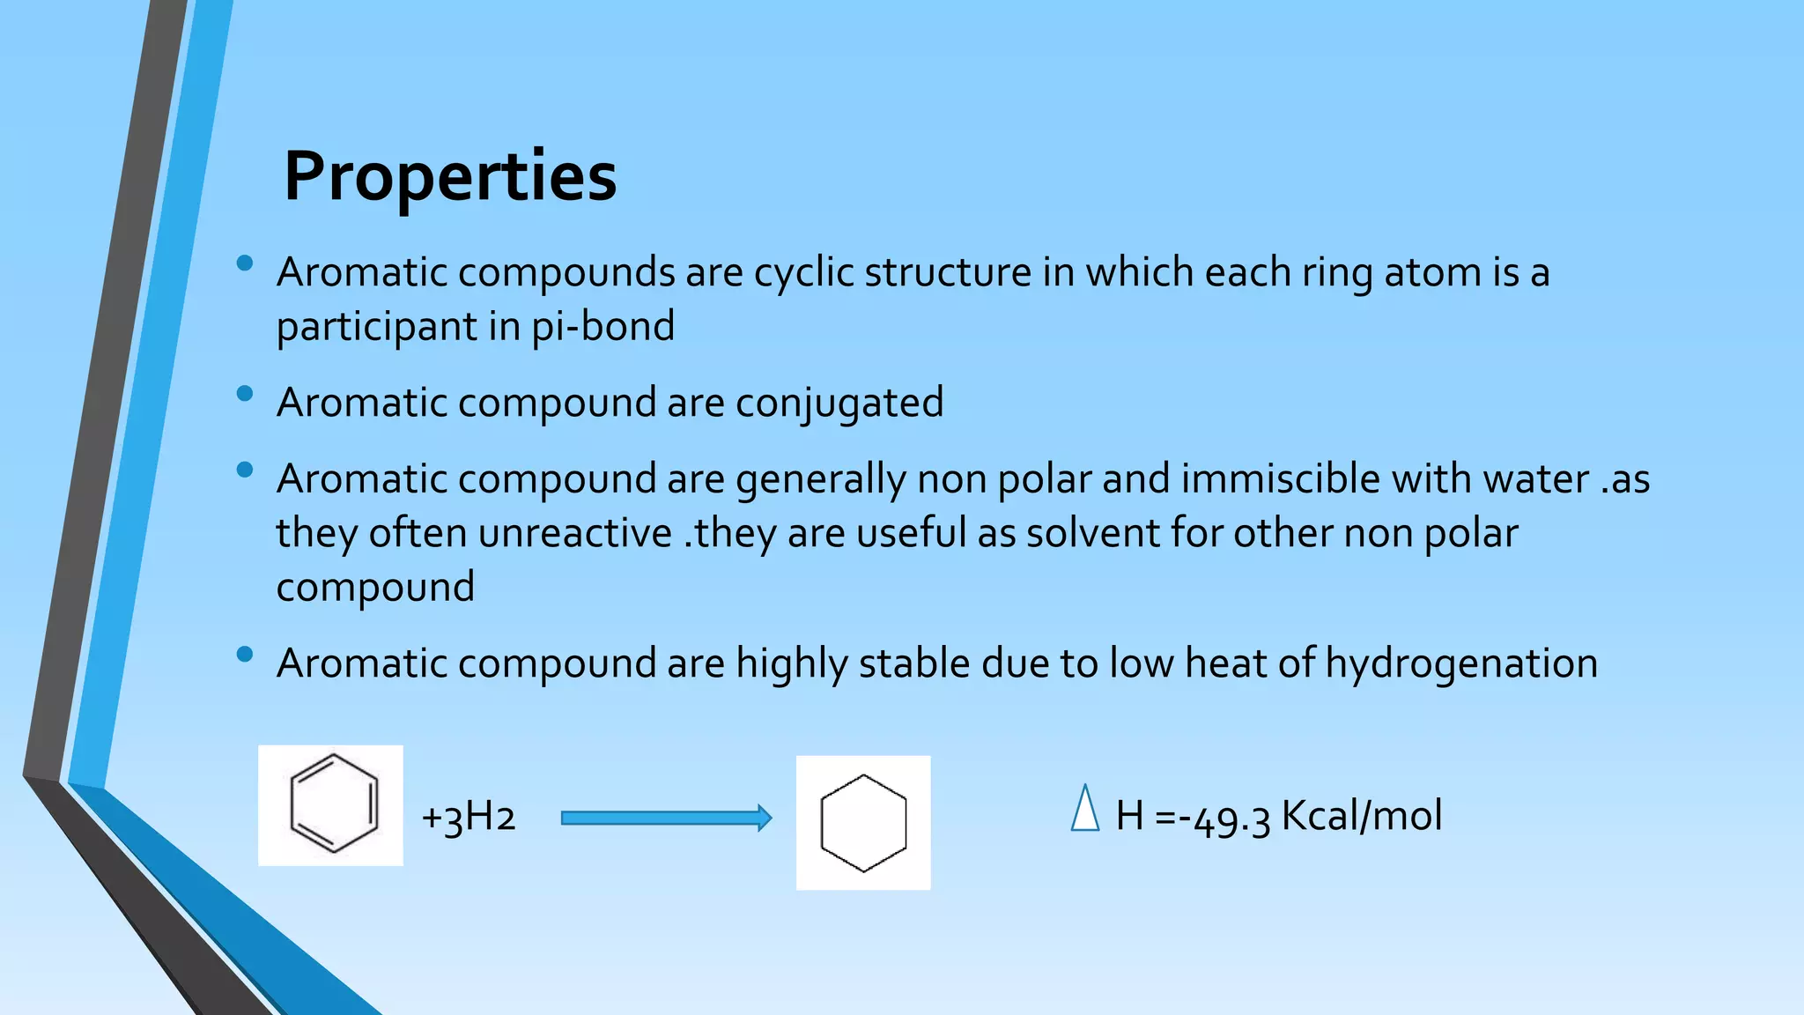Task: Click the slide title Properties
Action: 450,176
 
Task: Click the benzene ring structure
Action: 333,804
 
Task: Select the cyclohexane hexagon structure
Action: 863,823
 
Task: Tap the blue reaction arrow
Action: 666,819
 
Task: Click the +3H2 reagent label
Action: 468,817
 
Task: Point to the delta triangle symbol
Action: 1085,810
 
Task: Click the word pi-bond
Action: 603,327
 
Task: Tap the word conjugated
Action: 839,404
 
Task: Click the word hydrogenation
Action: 1461,663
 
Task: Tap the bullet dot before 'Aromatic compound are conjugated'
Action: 245,394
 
